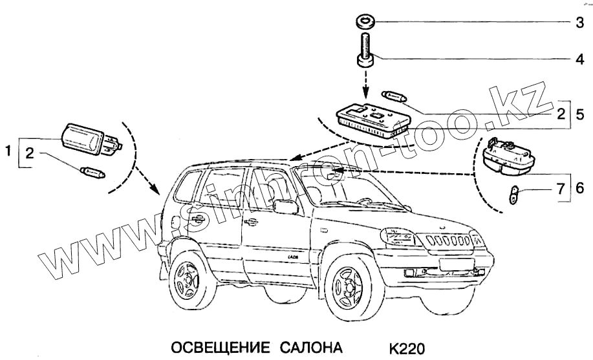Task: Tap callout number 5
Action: point(579,114)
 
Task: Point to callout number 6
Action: point(579,189)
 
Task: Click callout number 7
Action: point(561,189)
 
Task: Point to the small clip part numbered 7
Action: point(513,194)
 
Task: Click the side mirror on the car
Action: point(285,207)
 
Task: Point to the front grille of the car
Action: point(448,242)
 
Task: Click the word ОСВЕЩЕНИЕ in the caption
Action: point(220,349)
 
